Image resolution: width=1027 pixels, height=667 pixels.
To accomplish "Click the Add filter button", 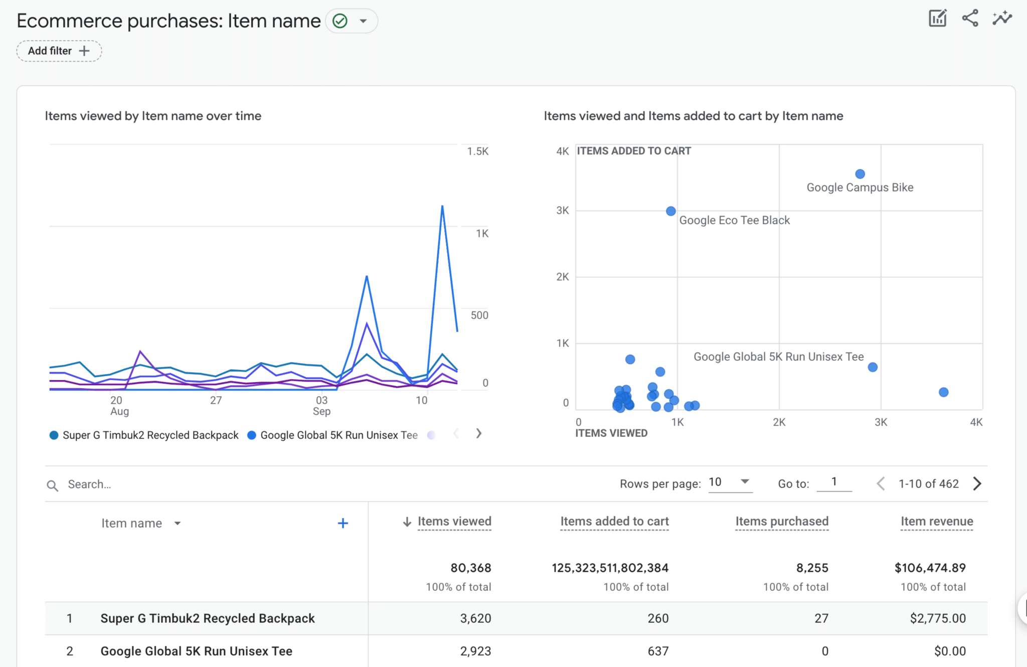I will point(59,51).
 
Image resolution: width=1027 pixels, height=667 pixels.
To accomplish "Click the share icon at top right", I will point(970,19).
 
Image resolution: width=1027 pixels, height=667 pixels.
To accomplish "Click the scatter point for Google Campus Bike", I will point(860,174).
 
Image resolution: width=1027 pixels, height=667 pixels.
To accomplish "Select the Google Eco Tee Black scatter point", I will point(670,211).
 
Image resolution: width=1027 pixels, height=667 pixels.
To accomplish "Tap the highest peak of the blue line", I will point(442,206).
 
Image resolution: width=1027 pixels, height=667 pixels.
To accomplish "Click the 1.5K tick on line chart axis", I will point(477,151).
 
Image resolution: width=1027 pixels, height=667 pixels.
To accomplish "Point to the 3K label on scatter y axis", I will point(562,211).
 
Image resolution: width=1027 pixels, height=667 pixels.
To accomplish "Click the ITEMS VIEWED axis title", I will point(611,433).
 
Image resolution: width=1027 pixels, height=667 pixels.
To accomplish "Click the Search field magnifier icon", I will point(52,485).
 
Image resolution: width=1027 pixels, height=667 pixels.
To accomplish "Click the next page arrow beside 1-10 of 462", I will point(977,483).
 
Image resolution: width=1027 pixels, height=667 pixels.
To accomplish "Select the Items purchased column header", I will point(781,522).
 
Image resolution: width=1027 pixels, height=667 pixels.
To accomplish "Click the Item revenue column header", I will point(936,522).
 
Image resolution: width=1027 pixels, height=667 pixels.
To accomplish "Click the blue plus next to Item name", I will point(343,524).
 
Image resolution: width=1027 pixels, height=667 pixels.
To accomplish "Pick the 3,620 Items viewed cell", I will point(475,618).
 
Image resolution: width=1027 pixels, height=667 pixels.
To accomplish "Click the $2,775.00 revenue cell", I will point(937,618).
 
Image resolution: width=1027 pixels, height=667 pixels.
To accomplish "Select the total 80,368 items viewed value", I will point(470,568).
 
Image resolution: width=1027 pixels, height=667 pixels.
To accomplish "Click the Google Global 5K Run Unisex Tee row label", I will point(196,651).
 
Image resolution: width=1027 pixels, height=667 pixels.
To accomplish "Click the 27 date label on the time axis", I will point(216,400).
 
